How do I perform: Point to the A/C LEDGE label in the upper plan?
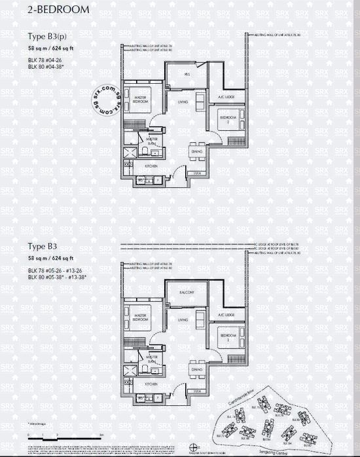pyautogui.click(x=226, y=98)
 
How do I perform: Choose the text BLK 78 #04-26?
pyautogui.click(x=44, y=60)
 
